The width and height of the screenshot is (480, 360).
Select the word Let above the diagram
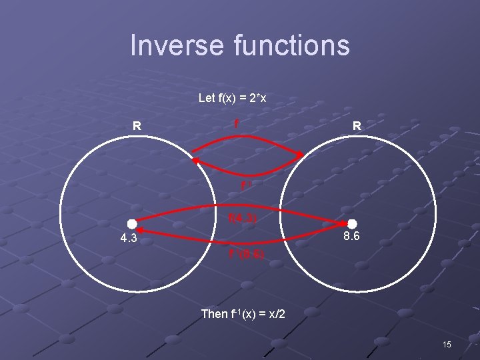[x=207, y=98]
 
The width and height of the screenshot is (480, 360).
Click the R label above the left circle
[x=136, y=125]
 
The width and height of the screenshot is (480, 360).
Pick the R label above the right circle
[x=357, y=125]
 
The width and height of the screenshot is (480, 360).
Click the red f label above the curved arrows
[x=237, y=124]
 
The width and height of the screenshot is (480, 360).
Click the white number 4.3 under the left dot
[x=126, y=238]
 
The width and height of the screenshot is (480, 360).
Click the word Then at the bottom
[x=214, y=313]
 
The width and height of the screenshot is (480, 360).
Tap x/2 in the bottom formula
[x=275, y=313]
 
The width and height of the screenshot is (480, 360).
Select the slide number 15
[x=447, y=344]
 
